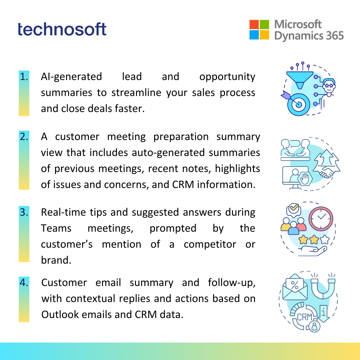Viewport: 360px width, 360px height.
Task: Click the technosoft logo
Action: point(62,29)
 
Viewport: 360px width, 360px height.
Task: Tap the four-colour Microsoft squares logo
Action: point(259,30)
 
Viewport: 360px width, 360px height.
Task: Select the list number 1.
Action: point(24,77)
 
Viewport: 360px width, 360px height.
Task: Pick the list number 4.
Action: point(24,282)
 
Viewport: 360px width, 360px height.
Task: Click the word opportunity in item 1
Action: point(227,77)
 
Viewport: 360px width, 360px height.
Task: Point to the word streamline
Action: point(137,93)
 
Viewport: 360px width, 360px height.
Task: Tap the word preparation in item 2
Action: point(181,137)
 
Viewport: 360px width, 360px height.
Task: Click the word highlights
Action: point(237,169)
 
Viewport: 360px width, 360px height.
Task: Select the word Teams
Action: point(56,228)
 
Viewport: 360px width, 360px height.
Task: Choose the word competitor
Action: point(210,245)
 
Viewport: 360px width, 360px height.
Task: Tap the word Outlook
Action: point(60,315)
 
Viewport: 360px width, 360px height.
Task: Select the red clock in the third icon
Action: point(321,219)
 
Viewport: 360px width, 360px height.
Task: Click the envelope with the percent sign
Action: point(295,287)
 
